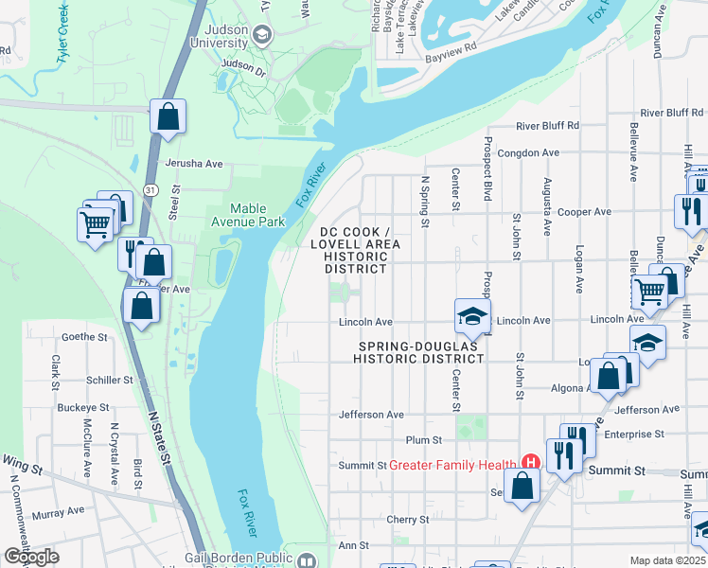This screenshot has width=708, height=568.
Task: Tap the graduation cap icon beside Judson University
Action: click(262, 36)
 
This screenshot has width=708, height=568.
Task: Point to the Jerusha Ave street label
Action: click(193, 164)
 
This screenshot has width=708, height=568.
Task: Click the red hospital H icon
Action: click(530, 463)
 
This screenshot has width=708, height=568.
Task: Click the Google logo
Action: click(31, 557)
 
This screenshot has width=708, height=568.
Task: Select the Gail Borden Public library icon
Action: click(306, 560)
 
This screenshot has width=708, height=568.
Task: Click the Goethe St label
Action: click(85, 336)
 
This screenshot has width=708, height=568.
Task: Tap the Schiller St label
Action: click(109, 380)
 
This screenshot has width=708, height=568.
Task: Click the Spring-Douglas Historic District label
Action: click(418, 353)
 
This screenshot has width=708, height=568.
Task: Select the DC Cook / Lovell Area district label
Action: click(354, 250)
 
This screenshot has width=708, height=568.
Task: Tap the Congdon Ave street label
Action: click(529, 152)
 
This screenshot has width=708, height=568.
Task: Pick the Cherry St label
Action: click(408, 520)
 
